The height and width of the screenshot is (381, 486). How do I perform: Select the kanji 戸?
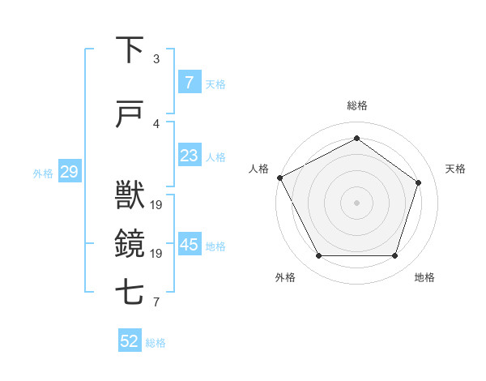coord(130,114)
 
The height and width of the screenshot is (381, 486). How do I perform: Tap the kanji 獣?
coord(130,195)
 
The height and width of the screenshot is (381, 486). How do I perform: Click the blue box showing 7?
coord(190,83)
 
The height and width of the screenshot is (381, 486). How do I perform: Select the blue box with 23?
coord(190,156)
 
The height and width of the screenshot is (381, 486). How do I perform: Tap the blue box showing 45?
coord(190,245)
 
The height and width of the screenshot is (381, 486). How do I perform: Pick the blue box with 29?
coord(69,172)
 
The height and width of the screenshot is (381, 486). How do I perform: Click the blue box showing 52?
coord(130,341)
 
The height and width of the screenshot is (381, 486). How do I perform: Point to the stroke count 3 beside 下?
coord(156,59)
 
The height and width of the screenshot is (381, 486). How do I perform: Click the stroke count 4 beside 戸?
coord(156,124)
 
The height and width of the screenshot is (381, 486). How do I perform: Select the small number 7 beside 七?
coord(156,303)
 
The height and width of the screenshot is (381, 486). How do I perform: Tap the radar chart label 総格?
coord(356,106)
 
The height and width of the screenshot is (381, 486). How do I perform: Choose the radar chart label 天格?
coord(456,169)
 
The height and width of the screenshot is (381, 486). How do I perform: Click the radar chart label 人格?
coord(258,169)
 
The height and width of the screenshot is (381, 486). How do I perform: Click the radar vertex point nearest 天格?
coord(418,182)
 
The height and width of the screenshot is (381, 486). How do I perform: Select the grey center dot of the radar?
coord(356,203)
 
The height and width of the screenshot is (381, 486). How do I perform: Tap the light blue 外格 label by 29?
coord(43,173)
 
